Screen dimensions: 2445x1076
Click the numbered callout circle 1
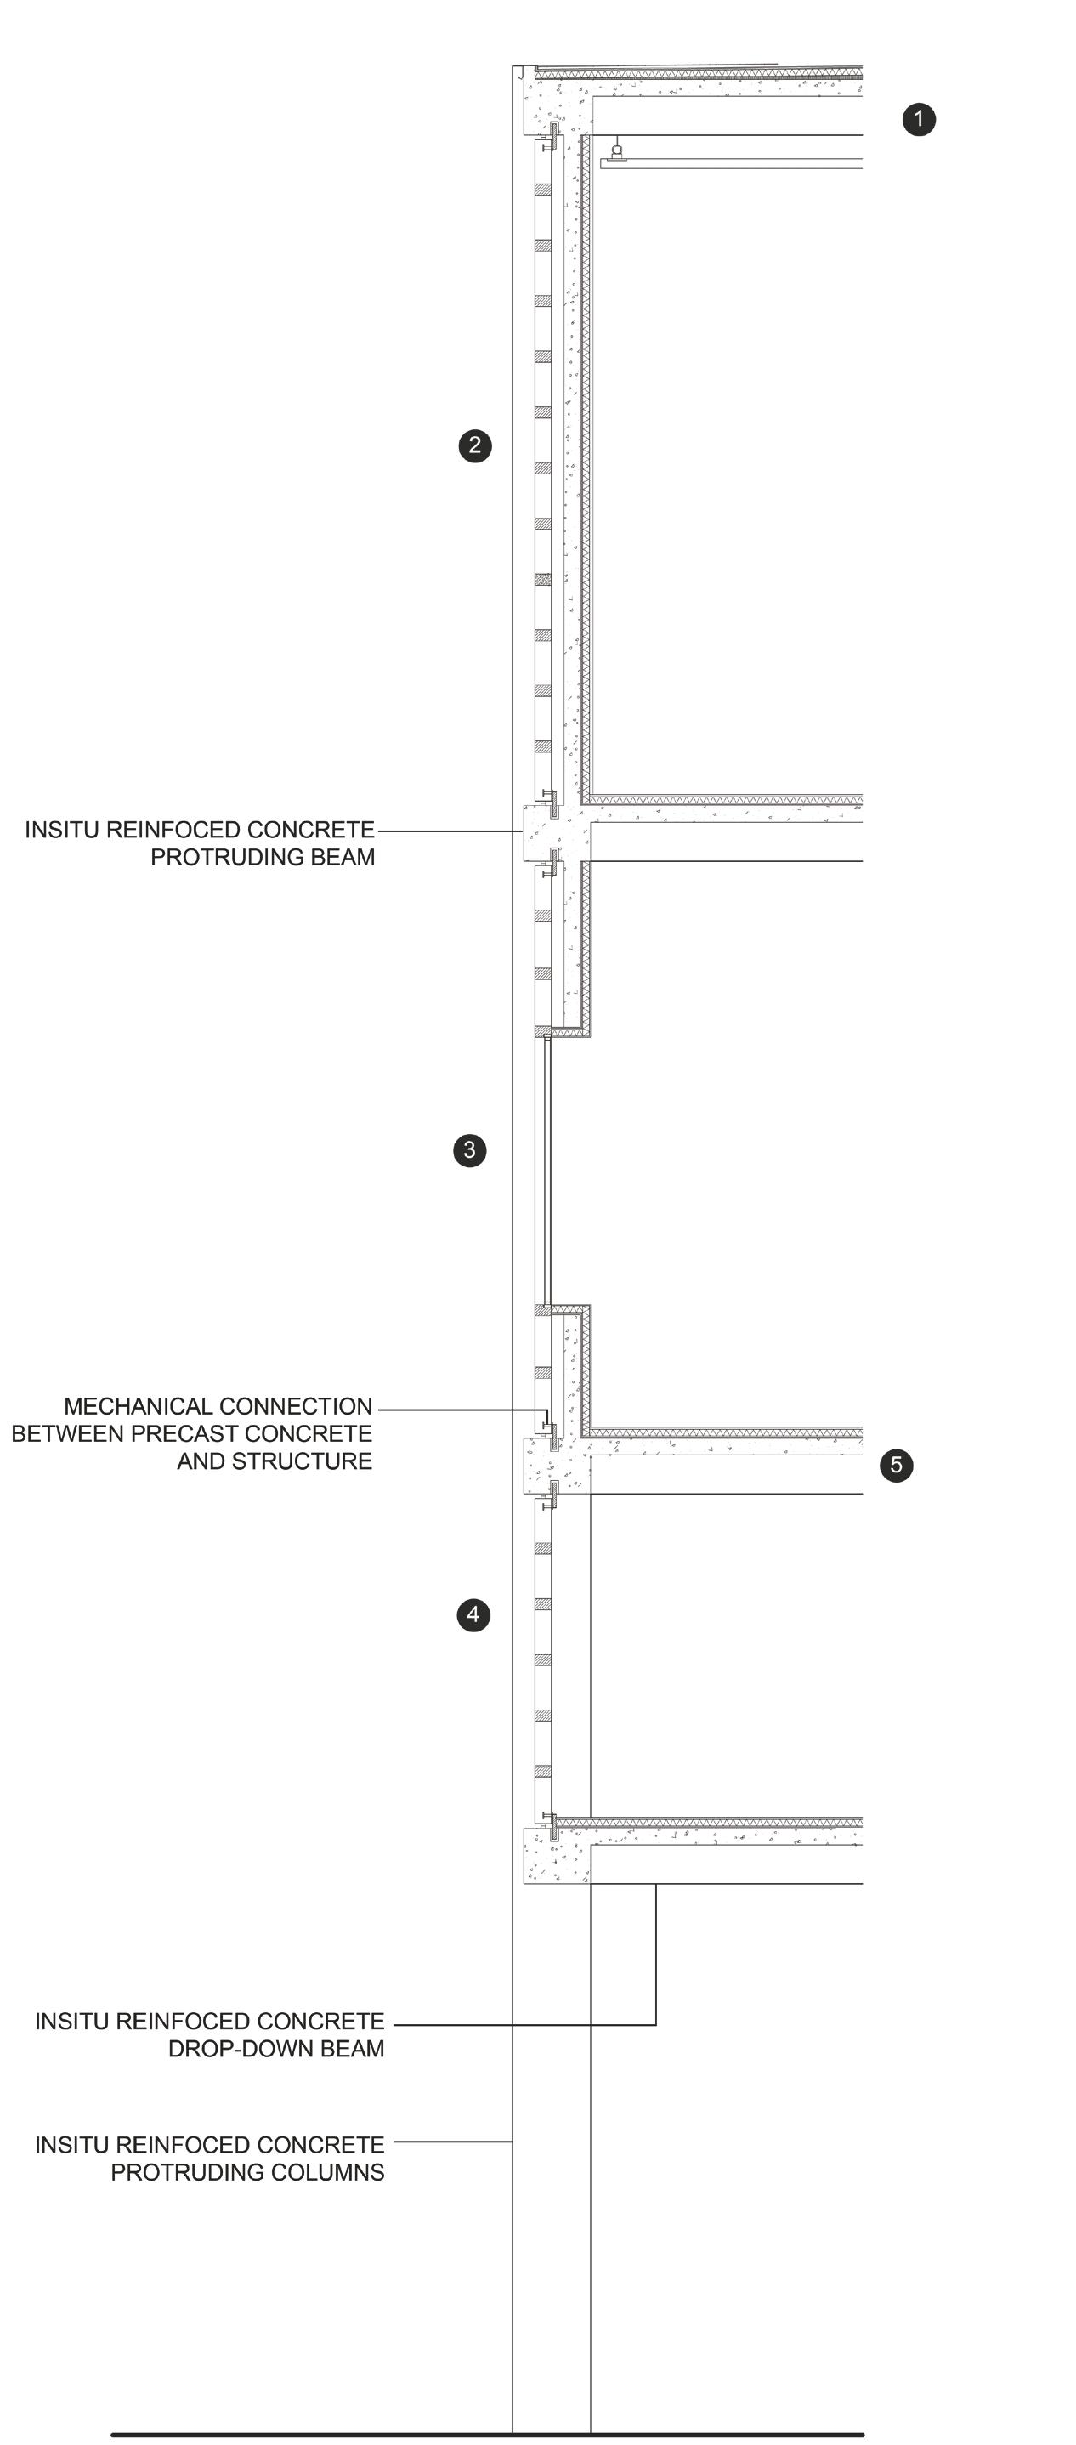coord(918,120)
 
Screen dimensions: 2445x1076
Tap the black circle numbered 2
coord(474,445)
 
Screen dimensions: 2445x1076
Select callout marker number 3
coord(469,1150)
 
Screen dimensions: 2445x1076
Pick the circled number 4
coord(473,1614)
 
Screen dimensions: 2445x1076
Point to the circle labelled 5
coord(896,1465)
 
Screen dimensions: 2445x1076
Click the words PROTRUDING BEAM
coord(262,857)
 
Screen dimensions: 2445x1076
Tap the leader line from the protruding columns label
coord(453,2142)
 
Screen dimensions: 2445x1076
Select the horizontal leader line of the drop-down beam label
coord(522,2024)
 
